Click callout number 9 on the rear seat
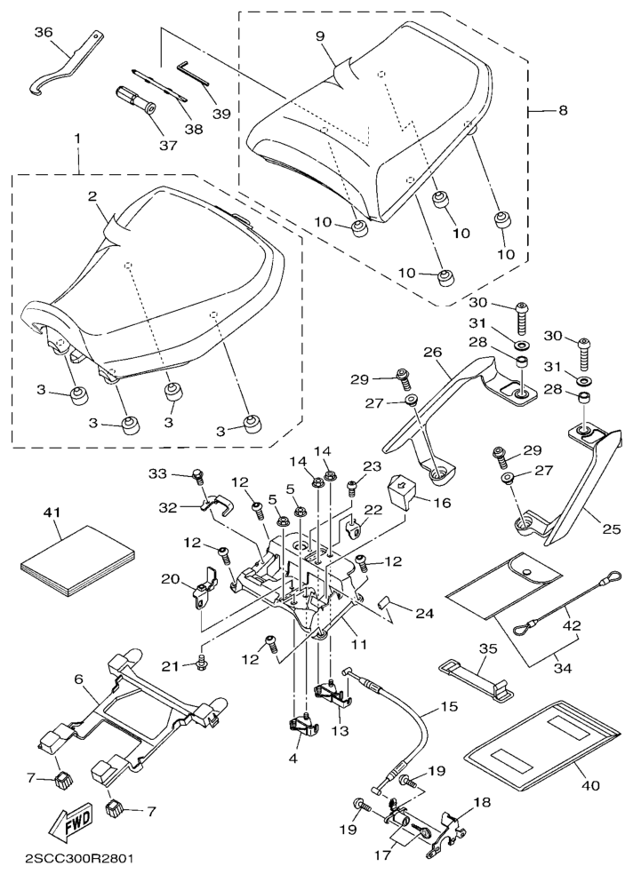pos(320,37)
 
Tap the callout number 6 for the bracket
pos(78,678)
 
